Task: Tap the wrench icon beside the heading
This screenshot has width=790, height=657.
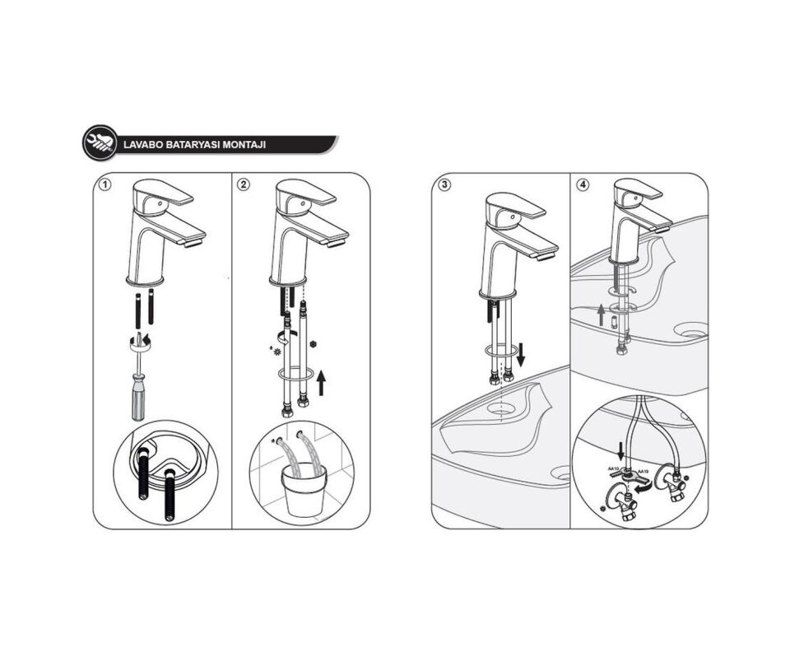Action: [100, 143]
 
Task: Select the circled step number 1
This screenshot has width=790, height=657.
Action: [105, 184]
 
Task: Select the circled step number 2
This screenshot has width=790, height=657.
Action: [244, 184]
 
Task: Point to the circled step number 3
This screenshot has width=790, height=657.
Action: [444, 184]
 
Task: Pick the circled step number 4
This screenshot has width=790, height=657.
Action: [583, 184]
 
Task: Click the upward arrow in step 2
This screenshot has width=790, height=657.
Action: [321, 382]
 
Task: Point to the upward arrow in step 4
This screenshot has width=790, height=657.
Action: [602, 314]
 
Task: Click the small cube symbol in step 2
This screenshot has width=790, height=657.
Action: [312, 342]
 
